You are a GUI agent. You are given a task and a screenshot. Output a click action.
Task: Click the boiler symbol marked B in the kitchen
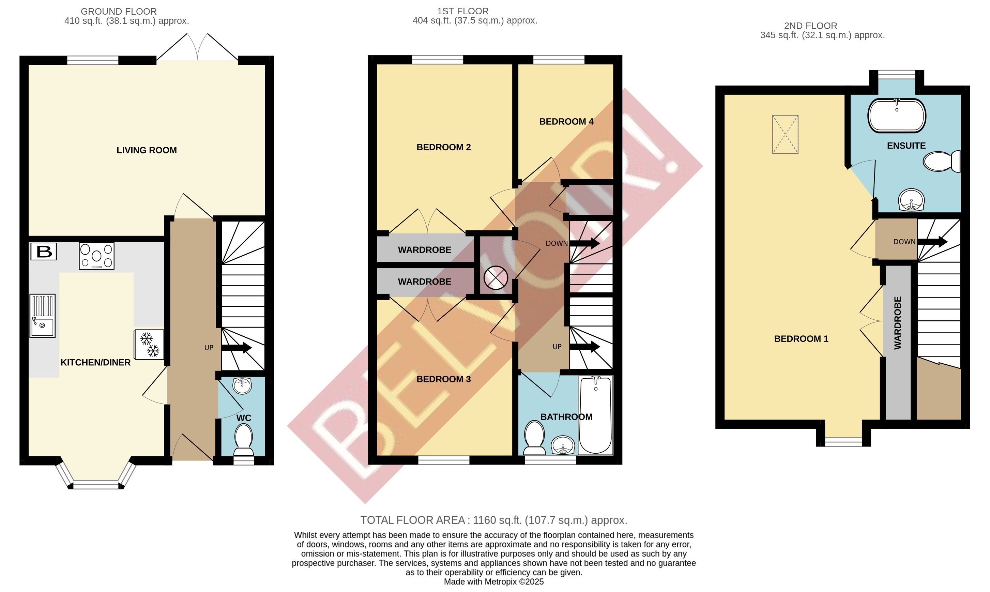pyautogui.click(x=44, y=251)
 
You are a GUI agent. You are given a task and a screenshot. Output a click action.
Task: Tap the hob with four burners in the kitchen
pyautogui.click(x=96, y=256)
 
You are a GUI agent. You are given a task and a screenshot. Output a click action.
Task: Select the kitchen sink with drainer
pyautogui.click(x=42, y=316)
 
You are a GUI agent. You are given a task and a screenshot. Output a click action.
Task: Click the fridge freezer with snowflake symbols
pyautogui.click(x=149, y=344)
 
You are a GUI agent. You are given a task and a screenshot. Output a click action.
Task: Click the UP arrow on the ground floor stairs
pyautogui.click(x=236, y=348)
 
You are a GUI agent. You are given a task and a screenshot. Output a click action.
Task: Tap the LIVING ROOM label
pyautogui.click(x=147, y=150)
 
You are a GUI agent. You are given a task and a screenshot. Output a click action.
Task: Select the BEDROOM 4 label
pyautogui.click(x=566, y=122)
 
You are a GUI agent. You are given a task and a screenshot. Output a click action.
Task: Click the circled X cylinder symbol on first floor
pyautogui.click(x=496, y=278)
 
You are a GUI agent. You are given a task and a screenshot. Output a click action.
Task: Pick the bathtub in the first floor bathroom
pyautogui.click(x=595, y=415)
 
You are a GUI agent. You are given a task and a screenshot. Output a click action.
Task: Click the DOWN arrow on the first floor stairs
pyautogui.click(x=585, y=243)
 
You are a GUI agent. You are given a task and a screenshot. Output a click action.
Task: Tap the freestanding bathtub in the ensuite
pyautogui.click(x=897, y=116)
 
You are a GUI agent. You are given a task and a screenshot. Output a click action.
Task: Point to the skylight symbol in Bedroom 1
pyautogui.click(x=785, y=134)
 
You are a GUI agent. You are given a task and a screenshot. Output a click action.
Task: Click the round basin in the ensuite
pyautogui.click(x=911, y=199)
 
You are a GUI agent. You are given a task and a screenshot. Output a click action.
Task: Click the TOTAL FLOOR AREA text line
pyautogui.click(x=494, y=520)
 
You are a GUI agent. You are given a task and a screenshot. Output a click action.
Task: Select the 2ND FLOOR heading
pyautogui.click(x=810, y=26)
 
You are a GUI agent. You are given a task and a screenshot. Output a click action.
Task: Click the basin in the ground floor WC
pyautogui.click(x=242, y=386)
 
